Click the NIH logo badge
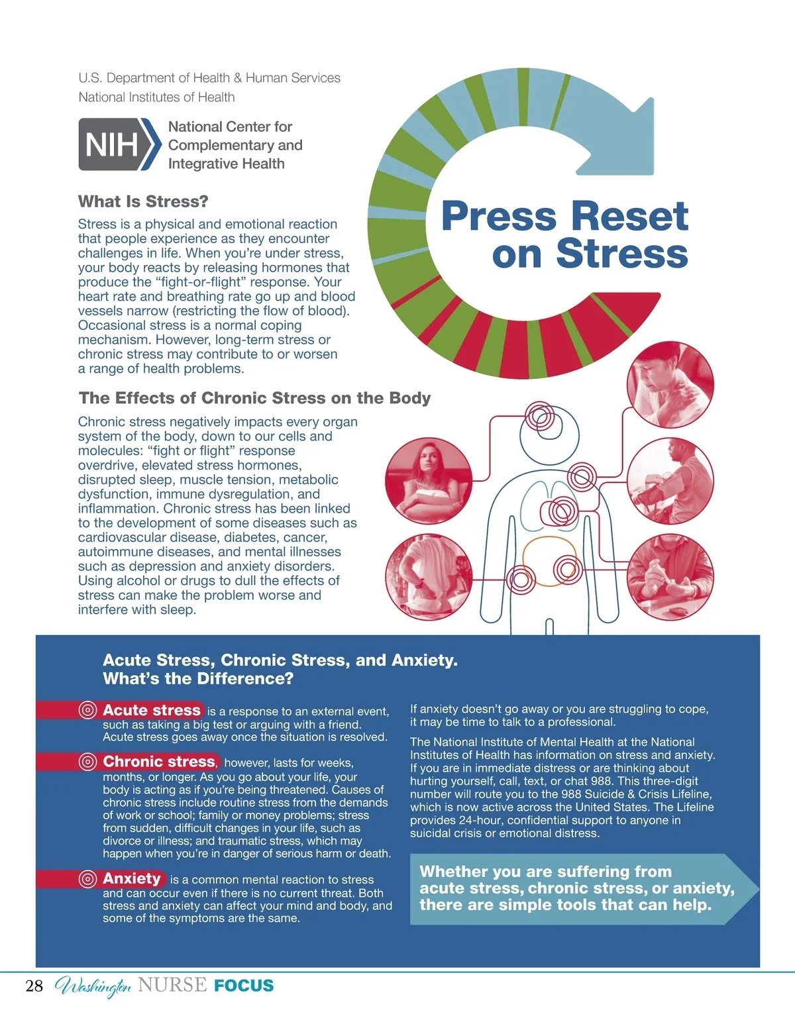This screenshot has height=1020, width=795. click(x=119, y=144)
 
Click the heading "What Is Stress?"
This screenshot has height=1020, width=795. click(x=143, y=201)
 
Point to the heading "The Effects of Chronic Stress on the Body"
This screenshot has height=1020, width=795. click(x=254, y=398)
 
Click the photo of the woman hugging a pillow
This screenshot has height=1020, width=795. click(x=428, y=482)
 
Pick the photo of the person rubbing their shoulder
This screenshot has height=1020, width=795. click(x=670, y=385)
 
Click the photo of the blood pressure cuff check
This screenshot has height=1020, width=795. click(x=670, y=481)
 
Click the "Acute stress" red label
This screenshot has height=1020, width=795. click(x=151, y=710)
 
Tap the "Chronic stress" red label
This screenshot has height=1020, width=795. click(x=159, y=762)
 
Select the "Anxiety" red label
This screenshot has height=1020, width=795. click(x=131, y=879)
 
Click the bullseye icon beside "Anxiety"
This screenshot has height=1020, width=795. click(x=87, y=879)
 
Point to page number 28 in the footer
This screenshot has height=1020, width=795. click(x=34, y=986)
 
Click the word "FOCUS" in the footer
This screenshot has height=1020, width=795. click(x=244, y=986)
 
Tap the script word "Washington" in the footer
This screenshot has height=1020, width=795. click(x=93, y=987)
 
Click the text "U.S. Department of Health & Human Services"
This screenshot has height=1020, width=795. click(x=209, y=78)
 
